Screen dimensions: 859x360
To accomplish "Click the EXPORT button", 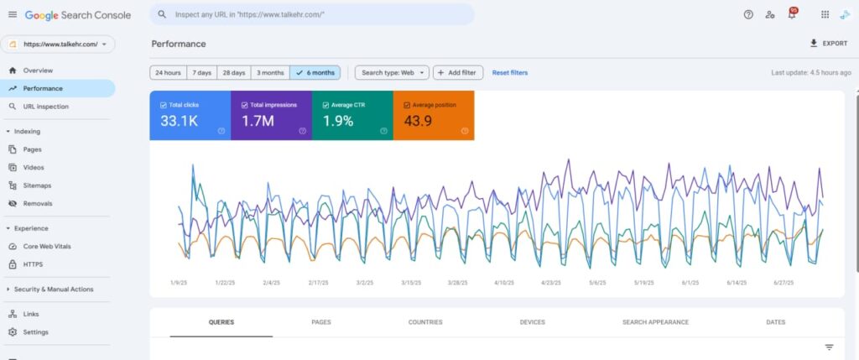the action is [x=828, y=44].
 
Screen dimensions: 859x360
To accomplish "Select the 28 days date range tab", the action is [x=234, y=72].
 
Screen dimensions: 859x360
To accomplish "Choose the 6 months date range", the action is [x=315, y=72].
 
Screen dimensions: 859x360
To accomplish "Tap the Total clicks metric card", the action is [x=190, y=115].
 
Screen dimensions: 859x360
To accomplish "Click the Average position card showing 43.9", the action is [x=434, y=115].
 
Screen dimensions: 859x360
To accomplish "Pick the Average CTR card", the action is [x=352, y=115].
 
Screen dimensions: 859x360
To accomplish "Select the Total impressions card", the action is [x=271, y=115].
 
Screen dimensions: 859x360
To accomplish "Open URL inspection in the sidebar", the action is [x=46, y=107].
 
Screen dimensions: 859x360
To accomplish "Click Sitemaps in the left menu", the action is [x=37, y=185].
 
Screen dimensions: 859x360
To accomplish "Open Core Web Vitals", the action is [x=47, y=246].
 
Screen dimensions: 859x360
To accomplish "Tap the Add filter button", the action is [x=458, y=72].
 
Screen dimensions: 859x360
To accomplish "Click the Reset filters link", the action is [x=510, y=72].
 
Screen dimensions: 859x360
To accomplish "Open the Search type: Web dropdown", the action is [x=392, y=72].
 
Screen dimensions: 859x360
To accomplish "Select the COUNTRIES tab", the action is [x=425, y=322].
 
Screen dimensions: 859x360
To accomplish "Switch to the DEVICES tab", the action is [x=533, y=322].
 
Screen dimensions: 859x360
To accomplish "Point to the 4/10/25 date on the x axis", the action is [x=504, y=283].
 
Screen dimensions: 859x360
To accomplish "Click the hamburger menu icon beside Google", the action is [x=13, y=15].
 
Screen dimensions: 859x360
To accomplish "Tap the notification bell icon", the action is [x=792, y=14].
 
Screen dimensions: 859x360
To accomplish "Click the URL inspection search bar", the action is [x=312, y=15].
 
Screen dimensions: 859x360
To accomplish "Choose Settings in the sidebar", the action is [x=35, y=332].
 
